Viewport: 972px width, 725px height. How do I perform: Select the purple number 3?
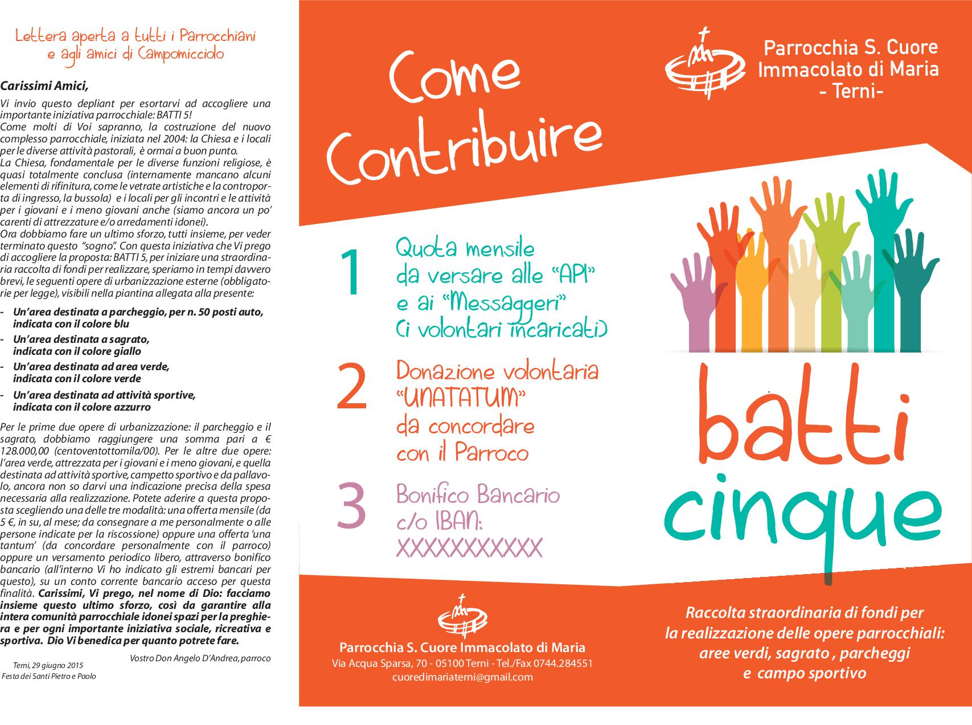[350, 505]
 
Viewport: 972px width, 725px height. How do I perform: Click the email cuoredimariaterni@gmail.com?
[462, 677]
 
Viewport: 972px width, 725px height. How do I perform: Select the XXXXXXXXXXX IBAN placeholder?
[469, 548]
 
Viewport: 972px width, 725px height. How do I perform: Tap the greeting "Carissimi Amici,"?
[44, 87]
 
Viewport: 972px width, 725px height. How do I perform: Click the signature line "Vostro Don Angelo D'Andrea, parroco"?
[200, 658]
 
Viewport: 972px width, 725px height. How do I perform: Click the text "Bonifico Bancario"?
[478, 494]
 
